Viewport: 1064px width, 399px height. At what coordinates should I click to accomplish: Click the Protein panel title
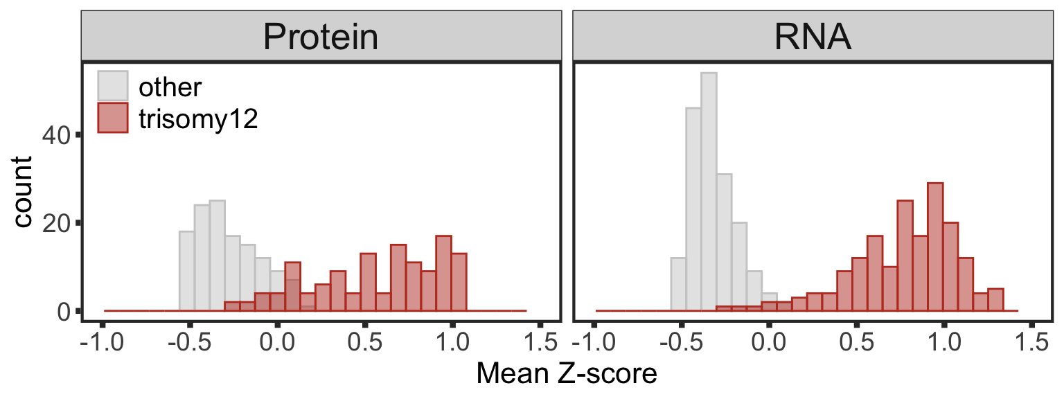click(321, 37)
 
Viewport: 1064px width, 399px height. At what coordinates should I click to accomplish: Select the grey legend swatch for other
click(112, 86)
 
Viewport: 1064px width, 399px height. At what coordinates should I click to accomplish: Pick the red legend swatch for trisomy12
click(112, 119)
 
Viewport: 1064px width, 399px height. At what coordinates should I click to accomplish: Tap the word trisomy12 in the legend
click(198, 119)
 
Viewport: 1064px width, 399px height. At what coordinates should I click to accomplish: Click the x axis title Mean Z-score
click(567, 375)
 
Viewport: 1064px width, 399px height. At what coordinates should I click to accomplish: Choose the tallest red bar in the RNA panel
click(934, 247)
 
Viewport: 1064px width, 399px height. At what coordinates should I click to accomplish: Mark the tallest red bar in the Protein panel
click(443, 274)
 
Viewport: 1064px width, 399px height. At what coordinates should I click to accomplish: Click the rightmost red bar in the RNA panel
click(995, 300)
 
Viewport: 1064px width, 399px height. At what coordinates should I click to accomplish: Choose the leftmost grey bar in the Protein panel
click(186, 272)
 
